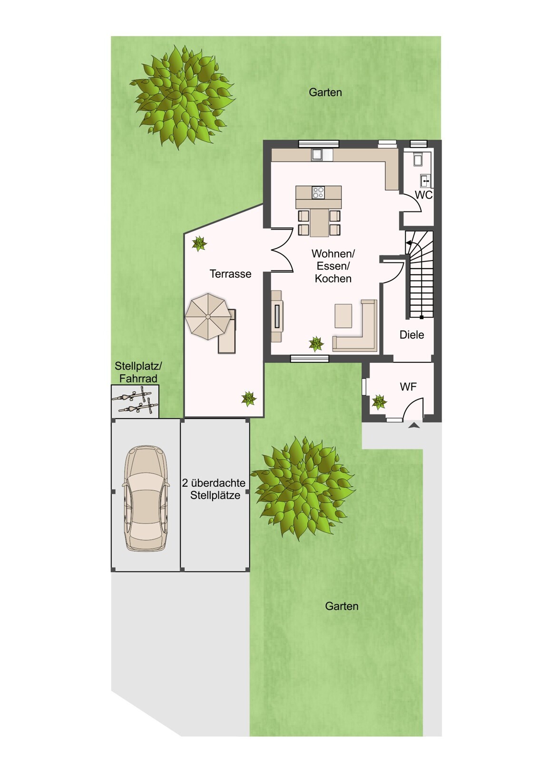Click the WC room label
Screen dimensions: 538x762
424,195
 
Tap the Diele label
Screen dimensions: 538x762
411,335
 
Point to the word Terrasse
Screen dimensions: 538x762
230,273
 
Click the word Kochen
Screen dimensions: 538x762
333,278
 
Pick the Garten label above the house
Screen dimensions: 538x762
325,92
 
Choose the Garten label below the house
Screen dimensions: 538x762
342,606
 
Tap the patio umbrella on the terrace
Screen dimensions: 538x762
208,317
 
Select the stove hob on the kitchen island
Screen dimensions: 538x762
318,192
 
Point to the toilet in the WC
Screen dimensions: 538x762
418,159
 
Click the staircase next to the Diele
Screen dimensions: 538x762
420,274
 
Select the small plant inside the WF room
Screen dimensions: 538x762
379,402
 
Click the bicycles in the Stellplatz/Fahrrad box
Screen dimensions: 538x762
135,401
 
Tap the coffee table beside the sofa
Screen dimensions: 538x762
343,316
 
